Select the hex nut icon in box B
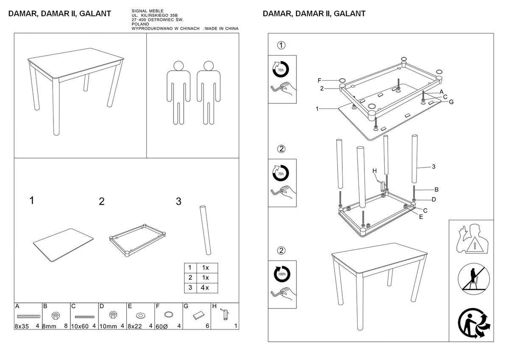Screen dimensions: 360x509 click(x=55, y=316)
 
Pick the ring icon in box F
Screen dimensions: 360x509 click(x=168, y=315)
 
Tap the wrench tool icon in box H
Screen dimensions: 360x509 click(x=225, y=314)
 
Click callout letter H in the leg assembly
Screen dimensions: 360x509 click(x=374, y=170)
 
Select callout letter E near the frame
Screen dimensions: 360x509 click(x=421, y=217)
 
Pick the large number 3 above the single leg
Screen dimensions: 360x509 click(x=179, y=201)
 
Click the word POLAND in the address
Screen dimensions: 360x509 click(x=141, y=25)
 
